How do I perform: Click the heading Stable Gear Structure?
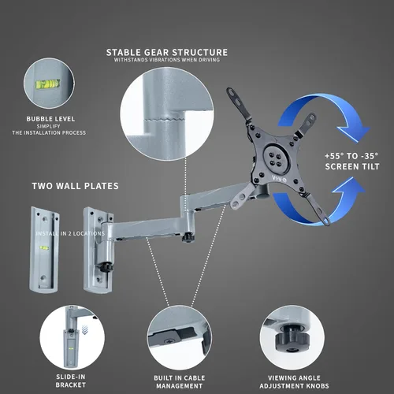click(x=167, y=53)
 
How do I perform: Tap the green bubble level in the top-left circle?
click(x=47, y=84)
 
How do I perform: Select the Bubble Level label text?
click(x=50, y=119)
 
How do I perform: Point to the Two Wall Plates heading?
click(x=76, y=186)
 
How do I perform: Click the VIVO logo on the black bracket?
click(x=279, y=179)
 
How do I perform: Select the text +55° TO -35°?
click(x=351, y=156)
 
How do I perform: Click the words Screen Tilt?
click(x=352, y=166)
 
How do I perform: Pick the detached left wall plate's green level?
click(x=44, y=247)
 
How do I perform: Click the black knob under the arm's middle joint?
click(x=188, y=237)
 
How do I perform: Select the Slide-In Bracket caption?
click(x=71, y=381)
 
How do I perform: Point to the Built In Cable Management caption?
click(x=180, y=382)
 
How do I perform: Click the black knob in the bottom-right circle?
click(x=292, y=338)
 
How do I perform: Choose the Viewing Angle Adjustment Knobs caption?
click(x=294, y=382)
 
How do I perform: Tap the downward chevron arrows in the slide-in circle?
click(x=84, y=329)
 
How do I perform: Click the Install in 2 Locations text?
click(x=70, y=233)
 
